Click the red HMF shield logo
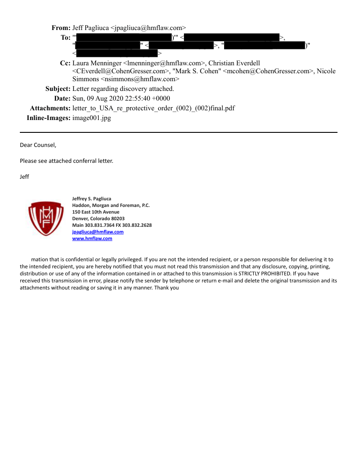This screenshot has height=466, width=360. coord(43,218)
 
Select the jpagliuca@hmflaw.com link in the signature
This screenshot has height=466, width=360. coord(97,232)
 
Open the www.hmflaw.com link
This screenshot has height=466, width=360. coord(92,238)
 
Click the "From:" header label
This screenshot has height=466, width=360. coord(61,28)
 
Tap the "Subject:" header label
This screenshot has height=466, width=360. coord(58,89)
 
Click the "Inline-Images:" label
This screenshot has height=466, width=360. coord(49,118)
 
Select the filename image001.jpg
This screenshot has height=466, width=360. coord(91,118)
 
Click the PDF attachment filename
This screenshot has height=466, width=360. coord(154,109)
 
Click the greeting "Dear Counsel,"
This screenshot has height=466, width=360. coord(38,145)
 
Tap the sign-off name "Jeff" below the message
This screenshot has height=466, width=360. coord(25,177)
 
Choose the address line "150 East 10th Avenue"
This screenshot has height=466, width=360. coord(96,212)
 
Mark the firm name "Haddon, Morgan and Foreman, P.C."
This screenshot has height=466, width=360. coord(111,205)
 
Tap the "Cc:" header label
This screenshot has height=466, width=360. coord(65,63)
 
